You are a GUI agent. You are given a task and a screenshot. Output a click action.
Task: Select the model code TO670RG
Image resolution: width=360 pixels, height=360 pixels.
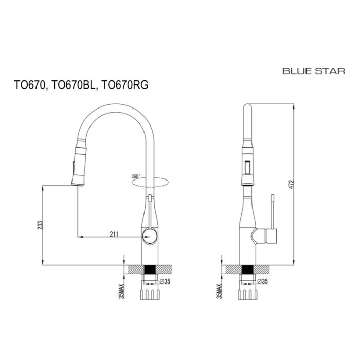[x=125, y=86]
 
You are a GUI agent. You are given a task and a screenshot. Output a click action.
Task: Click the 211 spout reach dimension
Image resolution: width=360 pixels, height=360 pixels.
[x=114, y=235]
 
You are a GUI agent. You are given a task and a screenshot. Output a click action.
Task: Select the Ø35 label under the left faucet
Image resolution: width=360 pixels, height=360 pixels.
[x=166, y=281]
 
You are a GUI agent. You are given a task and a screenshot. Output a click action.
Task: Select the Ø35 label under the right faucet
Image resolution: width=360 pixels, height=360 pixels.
[x=262, y=281]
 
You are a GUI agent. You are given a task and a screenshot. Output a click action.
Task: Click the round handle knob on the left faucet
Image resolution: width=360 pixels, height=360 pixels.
[x=149, y=237]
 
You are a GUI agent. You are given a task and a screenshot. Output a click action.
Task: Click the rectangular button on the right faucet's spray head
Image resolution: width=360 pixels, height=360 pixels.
[x=247, y=168]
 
